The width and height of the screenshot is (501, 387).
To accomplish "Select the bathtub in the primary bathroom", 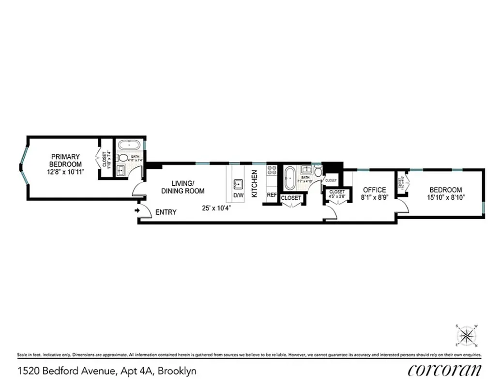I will (128, 145).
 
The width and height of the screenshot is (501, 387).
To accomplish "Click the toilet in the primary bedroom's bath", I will (123, 158).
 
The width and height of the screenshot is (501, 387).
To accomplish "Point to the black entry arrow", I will (137, 210).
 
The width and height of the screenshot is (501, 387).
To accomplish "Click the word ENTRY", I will (166, 212).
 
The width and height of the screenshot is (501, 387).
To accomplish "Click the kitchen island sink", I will (238, 184).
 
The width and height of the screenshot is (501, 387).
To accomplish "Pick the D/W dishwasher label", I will (238, 196).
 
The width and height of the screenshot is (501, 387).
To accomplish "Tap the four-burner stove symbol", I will (272, 170).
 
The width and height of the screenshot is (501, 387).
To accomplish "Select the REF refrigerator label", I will (272, 195).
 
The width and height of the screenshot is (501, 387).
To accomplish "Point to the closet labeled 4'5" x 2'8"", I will (336, 194).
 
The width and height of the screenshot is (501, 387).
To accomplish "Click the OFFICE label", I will (374, 190).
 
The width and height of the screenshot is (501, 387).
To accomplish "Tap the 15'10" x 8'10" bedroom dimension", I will (444, 197).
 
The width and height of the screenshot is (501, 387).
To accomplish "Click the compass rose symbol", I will (467, 335).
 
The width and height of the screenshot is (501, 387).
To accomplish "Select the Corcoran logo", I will (444, 370).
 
